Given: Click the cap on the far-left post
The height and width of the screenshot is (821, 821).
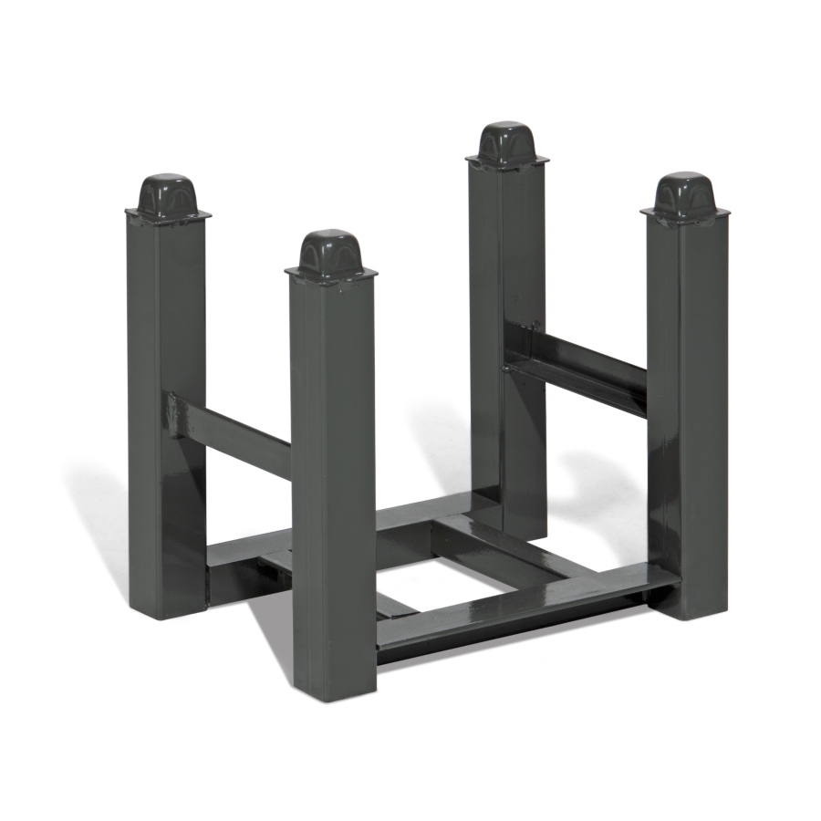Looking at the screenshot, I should click(167, 194).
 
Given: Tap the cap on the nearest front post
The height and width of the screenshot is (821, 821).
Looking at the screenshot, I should click(331, 251).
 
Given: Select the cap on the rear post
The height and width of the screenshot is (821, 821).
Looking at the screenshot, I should click(506, 142).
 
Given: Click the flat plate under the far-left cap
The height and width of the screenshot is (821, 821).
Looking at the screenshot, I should click(168, 215).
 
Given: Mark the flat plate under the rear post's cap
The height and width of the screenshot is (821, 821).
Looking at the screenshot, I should click(507, 161).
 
